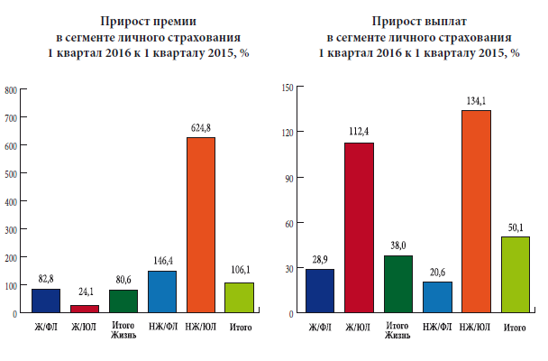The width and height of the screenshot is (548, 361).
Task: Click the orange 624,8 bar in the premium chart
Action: [x=202, y=225]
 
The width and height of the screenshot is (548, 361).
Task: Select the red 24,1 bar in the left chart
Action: [x=85, y=309]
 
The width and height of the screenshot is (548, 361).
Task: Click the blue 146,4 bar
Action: [x=163, y=292]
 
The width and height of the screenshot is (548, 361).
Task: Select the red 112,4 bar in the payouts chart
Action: [x=358, y=227]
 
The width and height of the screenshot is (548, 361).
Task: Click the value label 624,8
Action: [x=202, y=127]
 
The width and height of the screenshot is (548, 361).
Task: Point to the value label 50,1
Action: [x=515, y=227]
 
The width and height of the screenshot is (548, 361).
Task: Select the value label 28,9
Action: [x=319, y=259]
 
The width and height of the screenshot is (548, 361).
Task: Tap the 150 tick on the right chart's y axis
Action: [x=288, y=87]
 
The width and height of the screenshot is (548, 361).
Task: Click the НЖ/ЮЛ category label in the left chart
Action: [x=202, y=326]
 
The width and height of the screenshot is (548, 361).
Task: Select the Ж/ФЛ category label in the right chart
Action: [x=319, y=326]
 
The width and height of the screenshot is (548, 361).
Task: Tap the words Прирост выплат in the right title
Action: [x=419, y=21]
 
